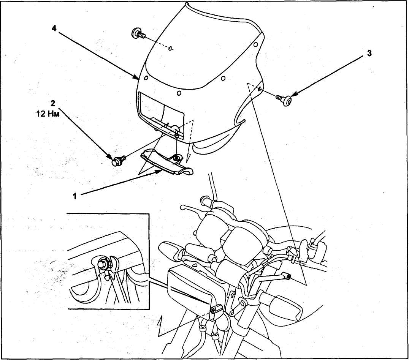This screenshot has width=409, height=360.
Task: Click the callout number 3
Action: click(369, 54)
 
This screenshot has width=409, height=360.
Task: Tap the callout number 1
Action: click(75, 196)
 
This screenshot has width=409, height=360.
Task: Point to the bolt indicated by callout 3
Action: click(285, 99)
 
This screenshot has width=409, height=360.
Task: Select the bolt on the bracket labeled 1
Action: click(176, 156)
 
